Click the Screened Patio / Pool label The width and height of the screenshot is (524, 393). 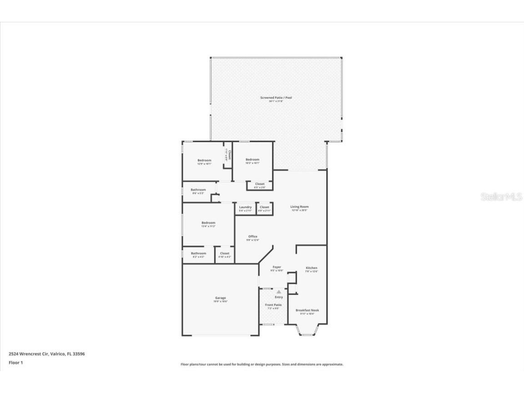276,98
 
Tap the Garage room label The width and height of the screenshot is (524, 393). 221,298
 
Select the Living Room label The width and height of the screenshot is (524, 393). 299,207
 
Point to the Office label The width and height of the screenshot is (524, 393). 253,237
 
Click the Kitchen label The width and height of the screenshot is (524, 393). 312,268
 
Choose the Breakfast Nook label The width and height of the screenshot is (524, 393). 307,310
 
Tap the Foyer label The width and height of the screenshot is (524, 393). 277,267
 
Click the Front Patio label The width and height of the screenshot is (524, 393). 273,305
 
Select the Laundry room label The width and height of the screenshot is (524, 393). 245,207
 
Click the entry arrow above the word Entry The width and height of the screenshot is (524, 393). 279,292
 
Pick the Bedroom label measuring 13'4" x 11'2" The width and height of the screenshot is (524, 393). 208,223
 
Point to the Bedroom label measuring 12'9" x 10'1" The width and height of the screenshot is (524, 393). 204,160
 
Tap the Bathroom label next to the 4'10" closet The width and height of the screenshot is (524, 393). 198,253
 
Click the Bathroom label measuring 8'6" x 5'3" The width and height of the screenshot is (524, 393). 198,190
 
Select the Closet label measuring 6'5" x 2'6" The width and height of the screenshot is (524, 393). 259,184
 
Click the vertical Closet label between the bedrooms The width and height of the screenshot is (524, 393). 229,155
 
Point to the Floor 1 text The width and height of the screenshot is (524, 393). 15,363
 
